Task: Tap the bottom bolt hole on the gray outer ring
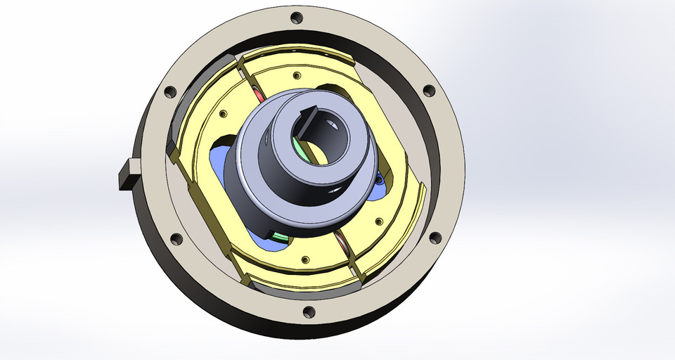[308, 311]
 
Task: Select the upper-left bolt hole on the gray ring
[169, 91]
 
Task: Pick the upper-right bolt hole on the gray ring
[428, 91]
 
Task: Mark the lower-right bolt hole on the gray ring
[434, 237]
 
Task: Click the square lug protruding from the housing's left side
[127, 174]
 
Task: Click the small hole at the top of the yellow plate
[296, 75]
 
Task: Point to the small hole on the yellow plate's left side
[223, 114]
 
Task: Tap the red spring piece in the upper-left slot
[258, 96]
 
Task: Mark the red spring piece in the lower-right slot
[343, 246]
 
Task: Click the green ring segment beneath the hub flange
[279, 236]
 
